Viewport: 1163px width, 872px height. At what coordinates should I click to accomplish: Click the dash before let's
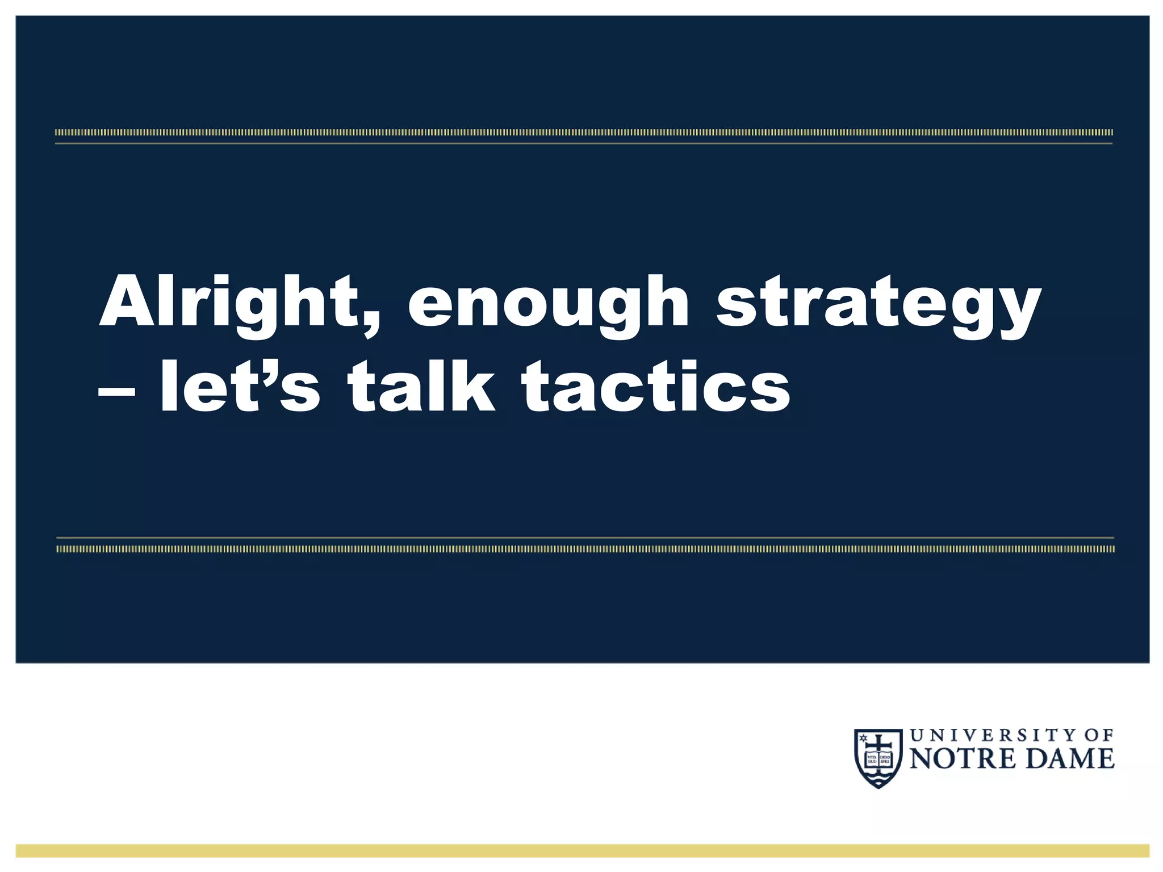pyautogui.click(x=116, y=391)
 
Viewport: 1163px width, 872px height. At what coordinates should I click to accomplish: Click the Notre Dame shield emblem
pyautogui.click(x=878, y=758)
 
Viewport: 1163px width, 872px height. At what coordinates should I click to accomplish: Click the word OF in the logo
pyautogui.click(x=1099, y=736)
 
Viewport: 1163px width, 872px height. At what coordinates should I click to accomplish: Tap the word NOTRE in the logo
pyautogui.click(x=962, y=760)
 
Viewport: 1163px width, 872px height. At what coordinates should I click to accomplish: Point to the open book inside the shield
pyautogui.click(x=878, y=760)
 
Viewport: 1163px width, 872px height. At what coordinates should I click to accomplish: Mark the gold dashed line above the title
pyautogui.click(x=583, y=133)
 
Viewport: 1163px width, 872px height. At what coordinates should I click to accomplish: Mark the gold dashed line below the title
pyautogui.click(x=585, y=549)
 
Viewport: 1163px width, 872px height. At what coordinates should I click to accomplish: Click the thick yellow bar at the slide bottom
pyautogui.click(x=582, y=850)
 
